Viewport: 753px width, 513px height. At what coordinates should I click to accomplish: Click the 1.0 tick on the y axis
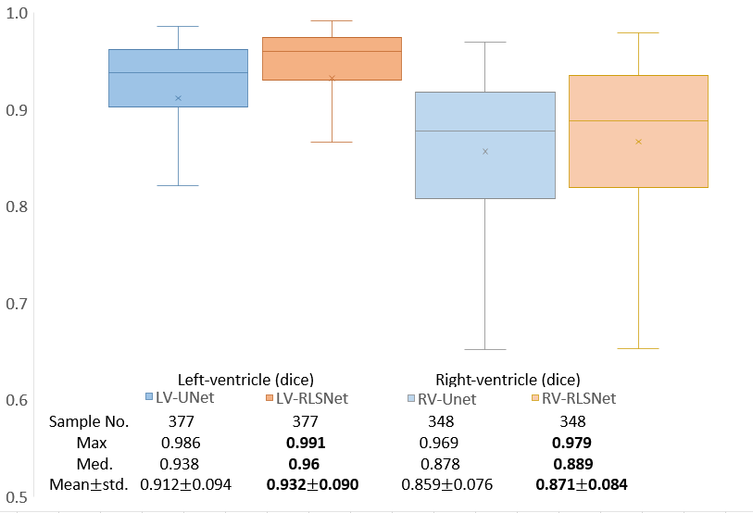click(x=17, y=13)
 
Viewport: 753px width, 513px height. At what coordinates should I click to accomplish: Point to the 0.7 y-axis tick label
click(x=17, y=304)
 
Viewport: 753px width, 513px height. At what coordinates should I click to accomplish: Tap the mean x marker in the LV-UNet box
click(x=178, y=98)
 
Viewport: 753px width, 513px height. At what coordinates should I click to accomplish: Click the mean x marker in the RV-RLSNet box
click(x=639, y=142)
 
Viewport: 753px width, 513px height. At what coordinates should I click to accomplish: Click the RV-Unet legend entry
click(x=442, y=399)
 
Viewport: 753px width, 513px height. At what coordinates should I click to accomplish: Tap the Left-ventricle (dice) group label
click(x=245, y=379)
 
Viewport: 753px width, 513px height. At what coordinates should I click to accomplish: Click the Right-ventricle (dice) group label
click(x=508, y=379)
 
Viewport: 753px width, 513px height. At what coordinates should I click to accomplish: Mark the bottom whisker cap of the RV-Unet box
click(x=484, y=349)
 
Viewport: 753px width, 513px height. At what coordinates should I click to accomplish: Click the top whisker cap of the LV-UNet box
click(x=178, y=27)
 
